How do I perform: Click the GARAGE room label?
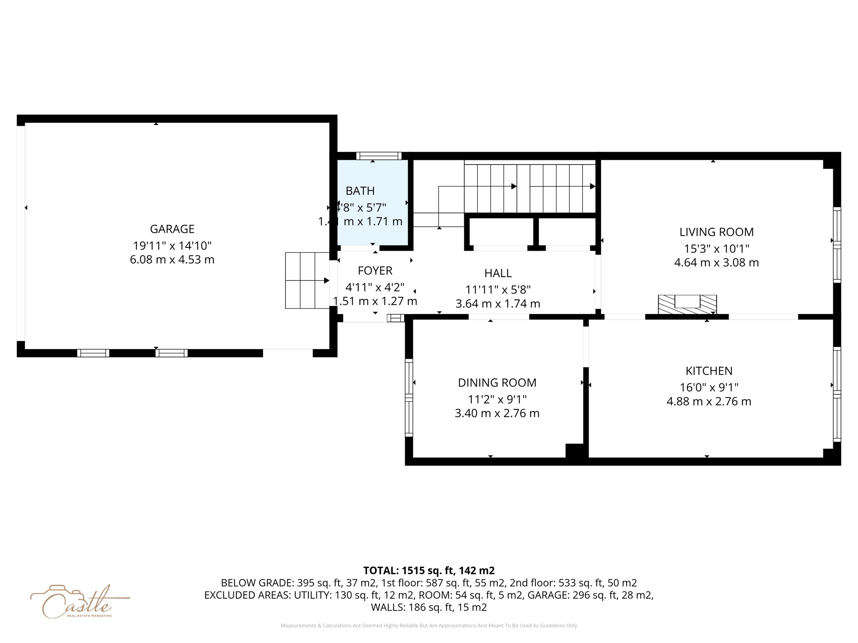tap(172, 229)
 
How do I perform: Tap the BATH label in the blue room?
tap(360, 191)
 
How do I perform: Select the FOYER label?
tap(375, 270)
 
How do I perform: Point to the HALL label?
tap(498, 273)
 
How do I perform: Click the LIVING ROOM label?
tap(716, 232)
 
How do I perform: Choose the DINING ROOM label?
tap(497, 383)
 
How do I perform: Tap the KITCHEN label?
tap(709, 371)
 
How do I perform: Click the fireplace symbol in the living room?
tap(687, 304)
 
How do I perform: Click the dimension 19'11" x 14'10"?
tap(172, 246)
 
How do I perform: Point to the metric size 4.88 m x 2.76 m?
tap(709, 401)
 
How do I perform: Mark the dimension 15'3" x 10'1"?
tap(716, 249)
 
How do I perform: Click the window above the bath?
tap(379, 156)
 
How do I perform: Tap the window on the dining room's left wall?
tap(409, 397)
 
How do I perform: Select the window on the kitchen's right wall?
tap(837, 394)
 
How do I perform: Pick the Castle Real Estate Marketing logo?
tap(78, 602)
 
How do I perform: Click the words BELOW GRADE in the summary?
tap(257, 583)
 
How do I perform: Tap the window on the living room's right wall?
tap(837, 245)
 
